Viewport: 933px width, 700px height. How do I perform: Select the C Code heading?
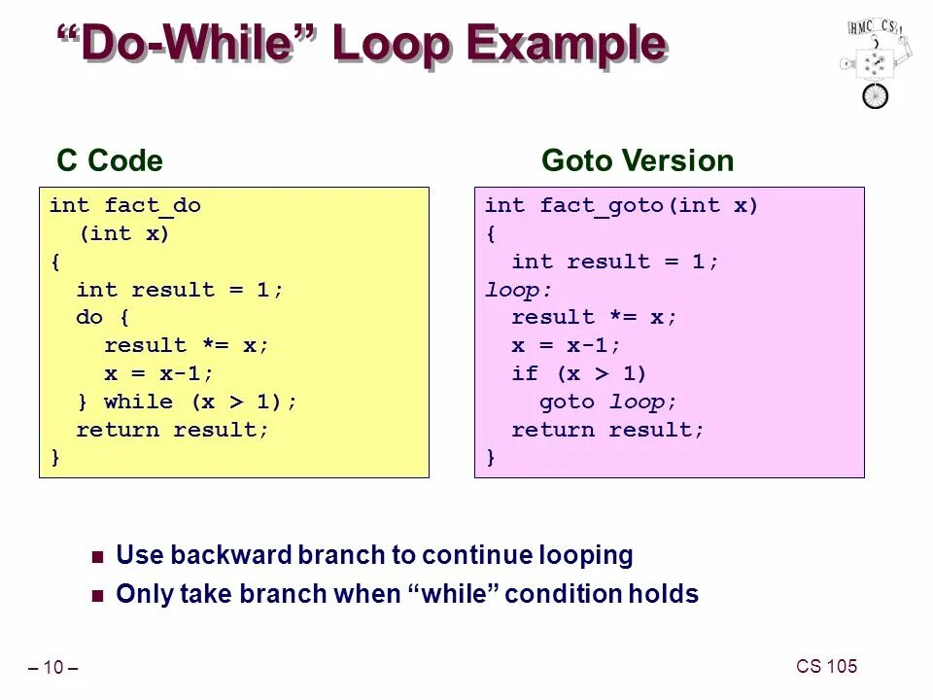(x=110, y=160)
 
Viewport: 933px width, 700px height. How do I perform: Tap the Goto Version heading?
(x=638, y=160)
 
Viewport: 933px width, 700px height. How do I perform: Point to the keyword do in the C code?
(x=89, y=318)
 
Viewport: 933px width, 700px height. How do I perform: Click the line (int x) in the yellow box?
(x=124, y=234)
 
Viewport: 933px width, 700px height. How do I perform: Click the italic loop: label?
(x=518, y=290)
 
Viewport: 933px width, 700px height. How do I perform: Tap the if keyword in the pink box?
(x=525, y=374)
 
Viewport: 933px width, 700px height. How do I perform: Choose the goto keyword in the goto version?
(x=567, y=402)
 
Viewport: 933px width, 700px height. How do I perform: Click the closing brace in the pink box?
(x=490, y=457)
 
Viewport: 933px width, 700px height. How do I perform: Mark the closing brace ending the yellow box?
(x=55, y=457)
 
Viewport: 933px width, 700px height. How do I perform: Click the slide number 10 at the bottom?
(x=52, y=668)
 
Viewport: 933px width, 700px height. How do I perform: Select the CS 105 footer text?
(x=826, y=666)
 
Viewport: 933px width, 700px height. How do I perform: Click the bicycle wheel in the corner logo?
(x=875, y=95)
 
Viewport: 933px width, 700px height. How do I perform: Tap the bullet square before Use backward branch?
(x=96, y=558)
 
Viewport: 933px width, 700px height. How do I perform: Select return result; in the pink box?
(x=608, y=430)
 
